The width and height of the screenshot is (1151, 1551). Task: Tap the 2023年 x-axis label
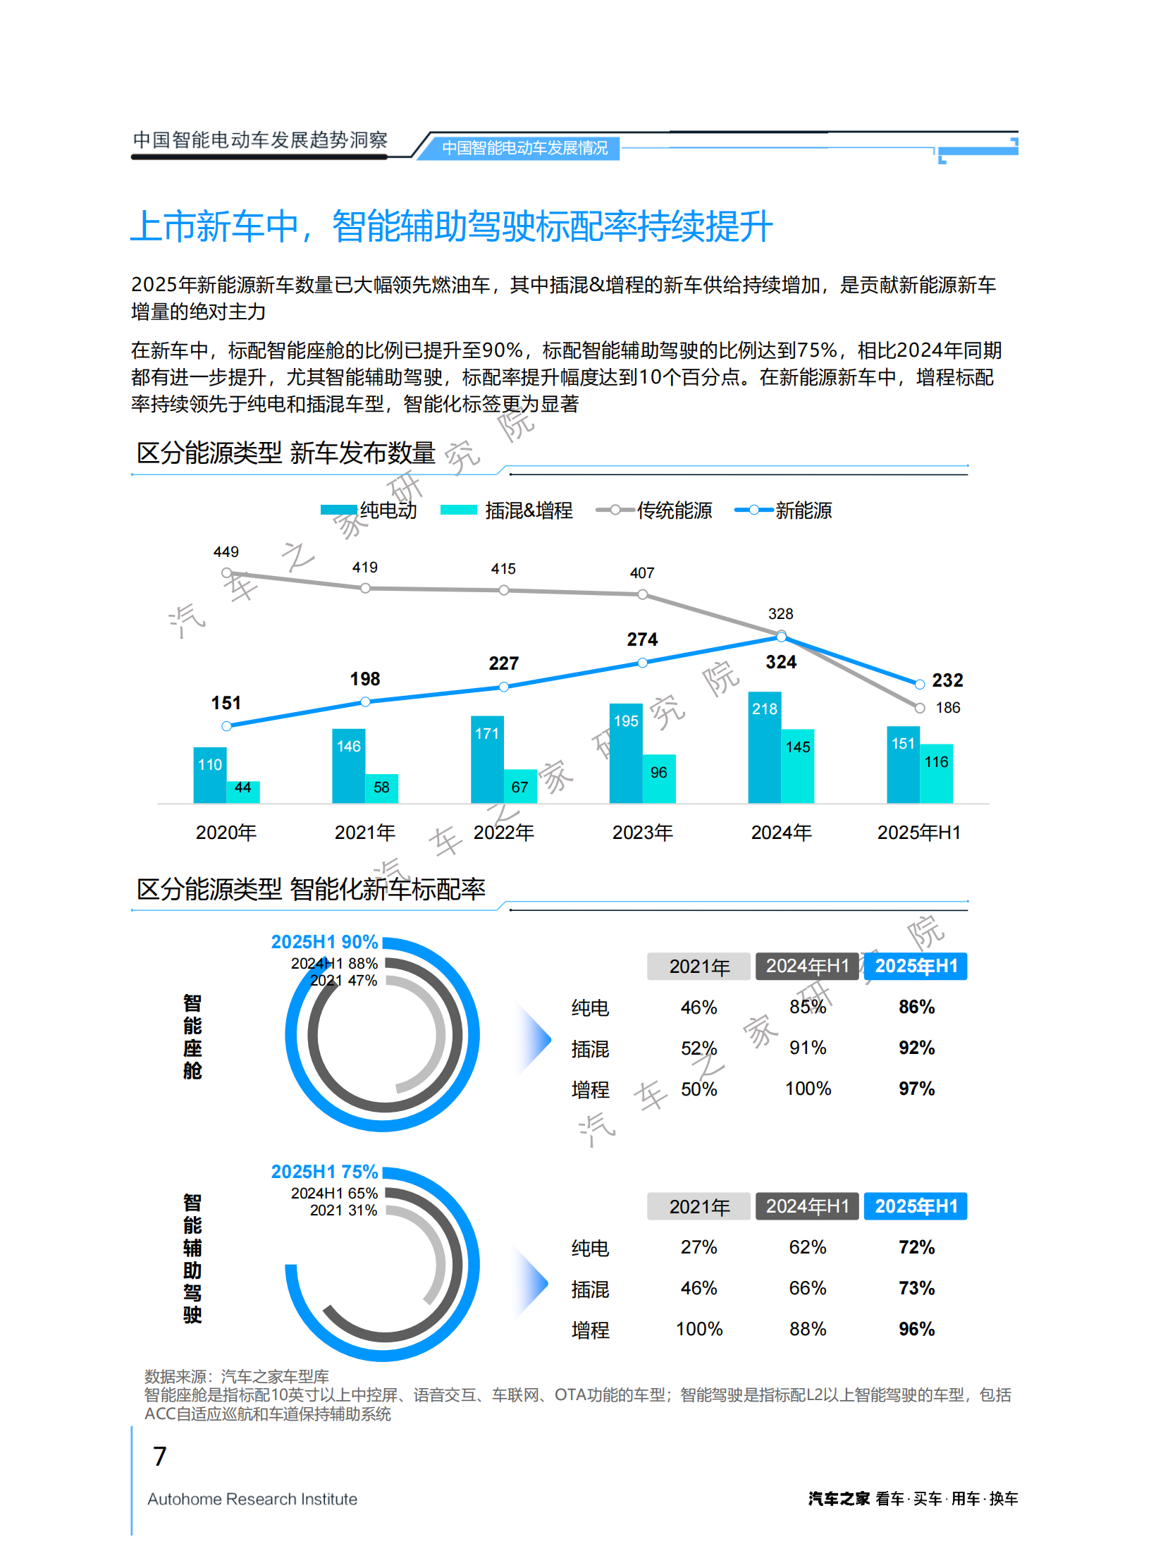[x=642, y=833]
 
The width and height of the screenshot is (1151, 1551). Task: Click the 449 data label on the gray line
[x=226, y=552]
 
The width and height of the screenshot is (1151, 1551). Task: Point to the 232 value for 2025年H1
[x=947, y=680]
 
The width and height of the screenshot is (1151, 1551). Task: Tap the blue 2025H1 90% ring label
[x=325, y=942]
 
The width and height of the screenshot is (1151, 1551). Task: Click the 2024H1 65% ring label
[x=334, y=1193]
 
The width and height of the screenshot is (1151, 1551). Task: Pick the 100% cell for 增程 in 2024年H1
[x=808, y=1089]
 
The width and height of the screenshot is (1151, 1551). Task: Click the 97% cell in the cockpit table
[x=916, y=1089]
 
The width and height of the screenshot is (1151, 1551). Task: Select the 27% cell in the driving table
[x=698, y=1247]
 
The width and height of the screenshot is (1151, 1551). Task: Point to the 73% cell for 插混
[x=916, y=1288]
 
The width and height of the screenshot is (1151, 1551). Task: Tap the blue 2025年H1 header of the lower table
[x=916, y=1206]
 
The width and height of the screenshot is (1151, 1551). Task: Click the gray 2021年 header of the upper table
[x=698, y=967]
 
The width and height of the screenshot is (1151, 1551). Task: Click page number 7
[x=160, y=1457]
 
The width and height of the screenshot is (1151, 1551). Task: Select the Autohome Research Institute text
[x=252, y=1499]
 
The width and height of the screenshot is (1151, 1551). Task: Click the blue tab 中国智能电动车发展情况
[x=524, y=148]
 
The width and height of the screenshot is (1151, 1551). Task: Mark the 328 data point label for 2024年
[x=780, y=614]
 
